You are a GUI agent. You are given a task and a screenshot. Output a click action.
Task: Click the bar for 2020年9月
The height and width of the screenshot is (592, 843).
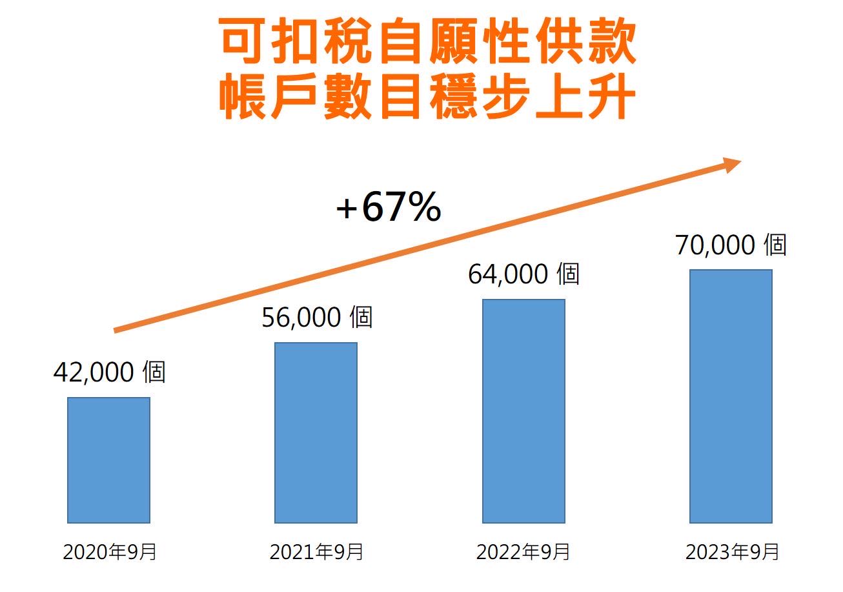[x=108, y=460]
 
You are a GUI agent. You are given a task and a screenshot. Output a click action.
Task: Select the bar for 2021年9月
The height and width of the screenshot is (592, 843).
[x=316, y=433]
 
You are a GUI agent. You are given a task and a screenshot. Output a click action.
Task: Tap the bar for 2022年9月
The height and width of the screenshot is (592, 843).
[x=523, y=411]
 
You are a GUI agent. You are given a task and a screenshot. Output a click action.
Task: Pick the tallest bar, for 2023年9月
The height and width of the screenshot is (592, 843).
[x=731, y=396]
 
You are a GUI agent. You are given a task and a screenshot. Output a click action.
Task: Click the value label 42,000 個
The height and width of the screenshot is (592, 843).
[x=109, y=373]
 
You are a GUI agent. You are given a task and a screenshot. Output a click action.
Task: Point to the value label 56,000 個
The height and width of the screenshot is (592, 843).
[x=317, y=318]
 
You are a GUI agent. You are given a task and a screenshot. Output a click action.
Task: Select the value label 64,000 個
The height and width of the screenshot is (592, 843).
[x=523, y=274]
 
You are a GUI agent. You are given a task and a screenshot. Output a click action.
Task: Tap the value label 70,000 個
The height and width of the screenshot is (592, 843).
[x=731, y=245]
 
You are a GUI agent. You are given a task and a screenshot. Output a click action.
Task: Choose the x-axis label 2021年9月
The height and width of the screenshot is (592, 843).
[x=316, y=553]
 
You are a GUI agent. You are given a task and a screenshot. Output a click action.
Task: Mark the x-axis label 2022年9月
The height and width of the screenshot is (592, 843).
[x=523, y=553]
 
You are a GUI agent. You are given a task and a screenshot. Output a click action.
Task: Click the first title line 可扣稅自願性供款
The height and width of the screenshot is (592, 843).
[x=428, y=43]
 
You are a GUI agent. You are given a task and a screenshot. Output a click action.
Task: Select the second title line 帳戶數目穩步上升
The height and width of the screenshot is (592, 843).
[x=428, y=99]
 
